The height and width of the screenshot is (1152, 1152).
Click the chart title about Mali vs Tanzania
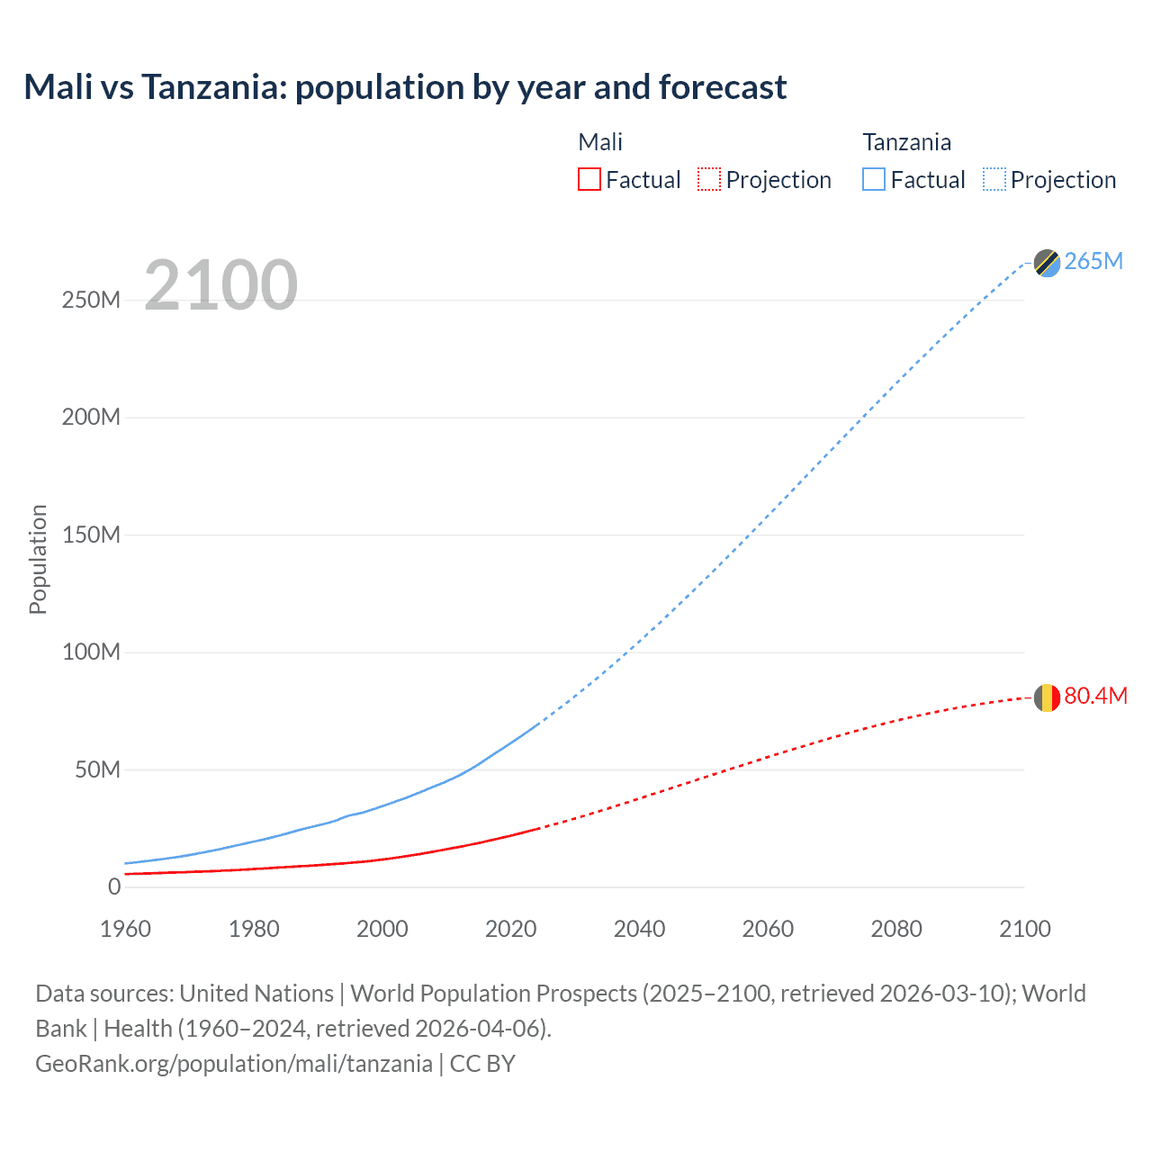click(x=405, y=87)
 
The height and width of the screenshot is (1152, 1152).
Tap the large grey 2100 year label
click(x=220, y=285)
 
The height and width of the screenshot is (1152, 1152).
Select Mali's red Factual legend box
click(x=589, y=179)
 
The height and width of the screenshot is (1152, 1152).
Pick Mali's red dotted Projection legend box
click(x=709, y=179)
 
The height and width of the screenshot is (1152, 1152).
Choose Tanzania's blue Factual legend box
click(x=874, y=179)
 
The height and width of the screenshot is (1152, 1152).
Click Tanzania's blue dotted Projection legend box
click(x=994, y=179)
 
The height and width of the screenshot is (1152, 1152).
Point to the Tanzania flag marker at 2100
click(x=1047, y=263)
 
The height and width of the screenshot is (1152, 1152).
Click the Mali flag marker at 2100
click(x=1047, y=697)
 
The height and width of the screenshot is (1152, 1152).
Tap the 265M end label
click(x=1093, y=261)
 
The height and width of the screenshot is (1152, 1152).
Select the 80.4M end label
click(x=1095, y=696)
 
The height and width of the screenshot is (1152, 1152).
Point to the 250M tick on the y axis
click(x=91, y=300)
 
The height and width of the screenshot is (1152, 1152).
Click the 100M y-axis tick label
click(x=91, y=652)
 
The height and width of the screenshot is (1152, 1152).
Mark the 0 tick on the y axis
click(x=114, y=886)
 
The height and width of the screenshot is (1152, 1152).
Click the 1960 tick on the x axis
click(x=125, y=929)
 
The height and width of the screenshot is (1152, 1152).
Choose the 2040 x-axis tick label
click(x=639, y=929)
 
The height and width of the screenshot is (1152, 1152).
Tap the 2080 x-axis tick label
click(x=896, y=929)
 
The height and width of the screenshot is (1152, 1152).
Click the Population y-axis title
click(x=38, y=559)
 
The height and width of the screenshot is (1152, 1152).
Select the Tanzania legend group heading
click(x=906, y=142)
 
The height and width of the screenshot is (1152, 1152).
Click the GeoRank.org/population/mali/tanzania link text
click(x=234, y=1063)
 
